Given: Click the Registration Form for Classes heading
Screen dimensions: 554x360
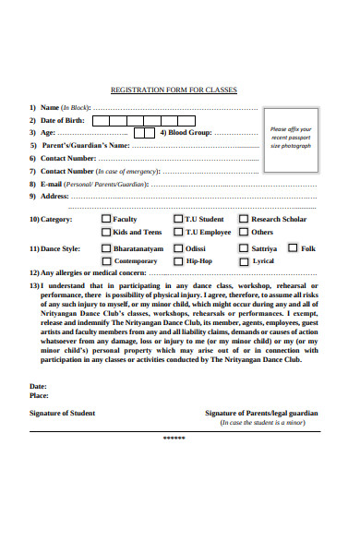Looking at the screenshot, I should click(174, 90).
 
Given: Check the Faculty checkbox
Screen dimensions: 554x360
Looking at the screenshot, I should click(106, 219).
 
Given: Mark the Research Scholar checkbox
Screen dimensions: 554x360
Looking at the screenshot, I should click(244, 219).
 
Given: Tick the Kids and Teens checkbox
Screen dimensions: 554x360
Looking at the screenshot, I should click(106, 232).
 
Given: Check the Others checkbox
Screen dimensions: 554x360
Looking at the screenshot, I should click(244, 232).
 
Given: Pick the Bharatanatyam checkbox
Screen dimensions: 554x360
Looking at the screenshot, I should click(106, 248).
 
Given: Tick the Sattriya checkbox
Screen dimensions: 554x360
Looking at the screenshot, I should click(244, 248).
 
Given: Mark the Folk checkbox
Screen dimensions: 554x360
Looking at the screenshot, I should click(293, 247).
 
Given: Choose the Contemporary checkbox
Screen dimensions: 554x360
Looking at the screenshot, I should click(106, 261).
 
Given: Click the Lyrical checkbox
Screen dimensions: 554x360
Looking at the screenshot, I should click(244, 261).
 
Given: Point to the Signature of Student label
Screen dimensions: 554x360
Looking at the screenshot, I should click(62, 413).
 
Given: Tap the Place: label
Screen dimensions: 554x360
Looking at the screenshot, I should click(39, 394).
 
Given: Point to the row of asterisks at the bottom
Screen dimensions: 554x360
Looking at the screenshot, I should click(174, 438).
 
